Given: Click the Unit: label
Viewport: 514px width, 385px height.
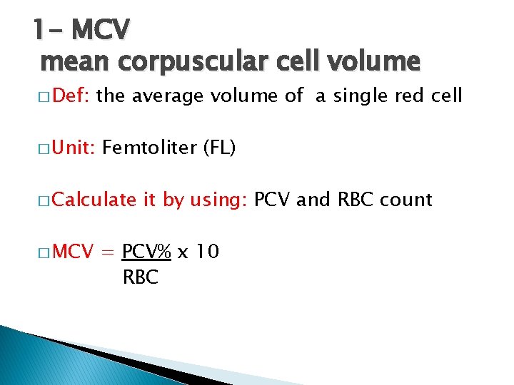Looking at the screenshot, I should coord(74,148).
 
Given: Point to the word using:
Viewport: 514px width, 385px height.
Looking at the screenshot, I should coord(218,200).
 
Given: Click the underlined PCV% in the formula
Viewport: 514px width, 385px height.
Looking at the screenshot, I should coord(146,252).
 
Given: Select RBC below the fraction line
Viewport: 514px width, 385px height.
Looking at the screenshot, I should coord(141,277).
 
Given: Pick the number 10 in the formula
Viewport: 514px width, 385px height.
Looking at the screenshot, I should coord(207,252).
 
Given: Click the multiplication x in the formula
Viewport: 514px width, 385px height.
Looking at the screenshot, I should coord(182,253).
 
